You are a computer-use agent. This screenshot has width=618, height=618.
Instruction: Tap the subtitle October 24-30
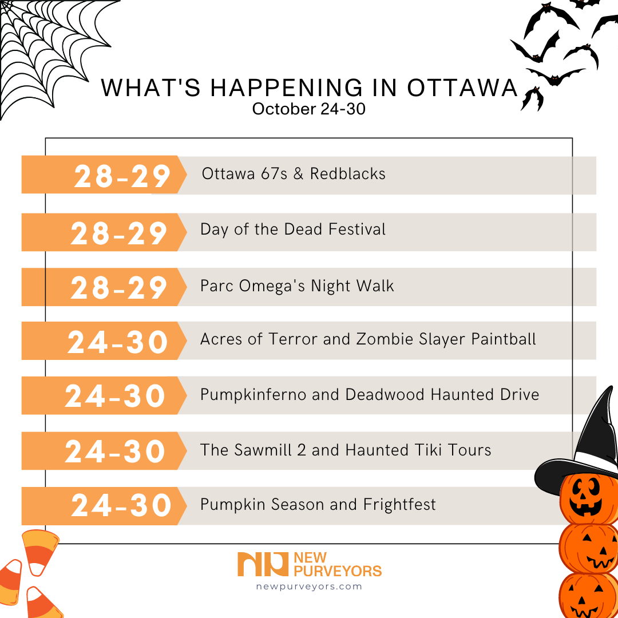308,109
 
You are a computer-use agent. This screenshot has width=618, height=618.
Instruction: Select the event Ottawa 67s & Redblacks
294,174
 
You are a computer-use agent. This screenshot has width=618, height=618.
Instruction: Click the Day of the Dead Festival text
293,230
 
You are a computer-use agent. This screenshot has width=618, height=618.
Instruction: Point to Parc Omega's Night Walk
297,286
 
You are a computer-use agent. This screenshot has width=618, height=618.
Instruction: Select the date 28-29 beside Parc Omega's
119,287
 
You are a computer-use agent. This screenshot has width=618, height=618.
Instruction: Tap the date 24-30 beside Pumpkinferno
115,396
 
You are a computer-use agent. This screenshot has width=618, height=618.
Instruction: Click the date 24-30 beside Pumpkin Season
121,506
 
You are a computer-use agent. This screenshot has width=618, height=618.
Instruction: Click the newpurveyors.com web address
309,587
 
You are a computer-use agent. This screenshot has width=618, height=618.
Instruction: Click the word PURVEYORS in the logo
337,571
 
